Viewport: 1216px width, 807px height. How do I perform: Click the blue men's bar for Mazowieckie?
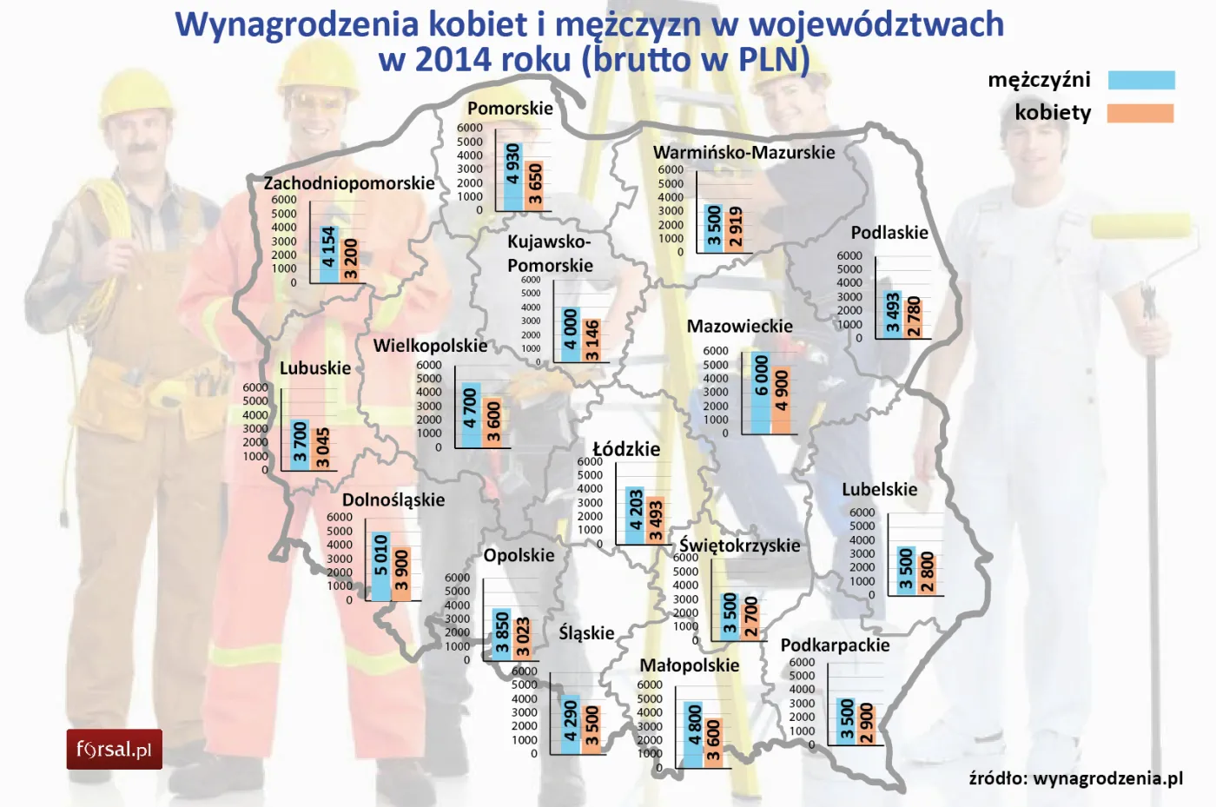pos(761,392)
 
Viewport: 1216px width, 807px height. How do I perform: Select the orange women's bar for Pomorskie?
pos(535,185)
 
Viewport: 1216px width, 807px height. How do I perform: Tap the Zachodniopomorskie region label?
pos(349,183)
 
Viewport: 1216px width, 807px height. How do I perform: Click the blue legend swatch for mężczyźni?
pos(1141,81)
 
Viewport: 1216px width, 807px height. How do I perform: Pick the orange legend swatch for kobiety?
pos(1140,114)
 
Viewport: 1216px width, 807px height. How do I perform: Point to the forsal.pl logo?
pos(114,749)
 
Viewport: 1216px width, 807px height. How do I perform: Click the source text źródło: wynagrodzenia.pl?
pos(1075,777)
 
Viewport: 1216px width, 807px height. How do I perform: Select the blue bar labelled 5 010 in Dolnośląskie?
pos(380,566)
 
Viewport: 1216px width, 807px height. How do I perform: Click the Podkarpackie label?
pos(835,645)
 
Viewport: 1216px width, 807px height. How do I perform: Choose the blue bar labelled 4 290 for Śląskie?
pos(571,724)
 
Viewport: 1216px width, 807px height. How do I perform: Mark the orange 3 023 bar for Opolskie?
pos(522,637)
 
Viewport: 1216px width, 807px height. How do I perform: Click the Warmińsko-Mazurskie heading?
pos(743,153)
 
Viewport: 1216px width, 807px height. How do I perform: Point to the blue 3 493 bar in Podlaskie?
pos(892,314)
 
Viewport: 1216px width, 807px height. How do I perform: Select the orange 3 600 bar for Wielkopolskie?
pos(492,422)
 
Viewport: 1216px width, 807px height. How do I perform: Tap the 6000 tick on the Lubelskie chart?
pos(862,513)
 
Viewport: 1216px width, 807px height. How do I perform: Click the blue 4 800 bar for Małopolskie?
pos(694,734)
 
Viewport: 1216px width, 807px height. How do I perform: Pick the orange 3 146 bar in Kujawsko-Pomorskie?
pos(591,340)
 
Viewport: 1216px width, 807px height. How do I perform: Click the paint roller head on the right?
pos(1140,226)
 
